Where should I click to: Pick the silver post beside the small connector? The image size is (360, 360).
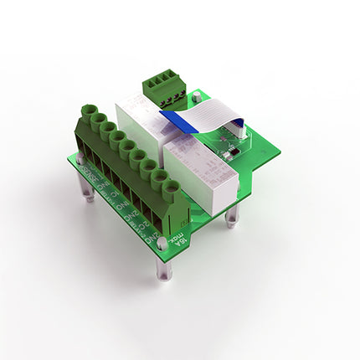tap(197, 99)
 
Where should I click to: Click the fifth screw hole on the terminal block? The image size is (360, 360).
tap(128, 147)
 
